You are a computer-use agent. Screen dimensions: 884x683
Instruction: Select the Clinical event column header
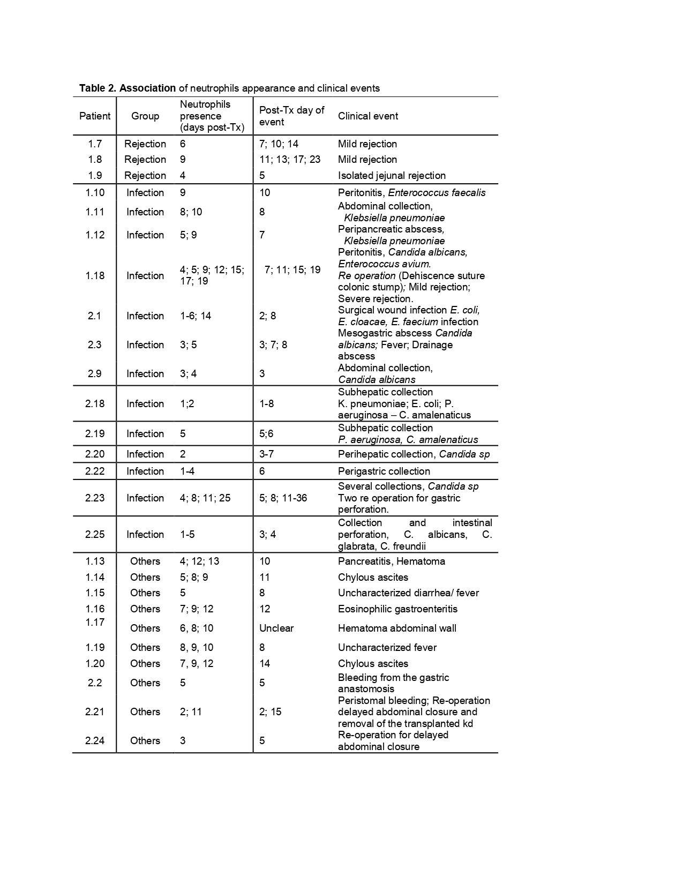point(367,116)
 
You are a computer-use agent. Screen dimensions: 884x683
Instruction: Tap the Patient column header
point(95,116)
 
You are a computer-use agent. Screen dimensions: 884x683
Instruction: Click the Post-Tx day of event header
point(291,116)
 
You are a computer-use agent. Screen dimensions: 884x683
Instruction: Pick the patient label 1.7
point(95,144)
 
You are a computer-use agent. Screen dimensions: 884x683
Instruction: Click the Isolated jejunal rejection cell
point(392,176)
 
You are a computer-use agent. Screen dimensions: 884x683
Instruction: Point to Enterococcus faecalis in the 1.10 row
point(437,193)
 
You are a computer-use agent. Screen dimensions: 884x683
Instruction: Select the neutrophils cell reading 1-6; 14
point(196,316)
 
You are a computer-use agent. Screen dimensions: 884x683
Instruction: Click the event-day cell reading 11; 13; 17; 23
point(290,160)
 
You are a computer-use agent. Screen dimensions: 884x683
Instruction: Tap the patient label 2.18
point(95,404)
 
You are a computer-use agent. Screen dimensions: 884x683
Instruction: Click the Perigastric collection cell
point(384,471)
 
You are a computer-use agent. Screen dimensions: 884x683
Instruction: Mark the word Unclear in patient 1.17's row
point(276,628)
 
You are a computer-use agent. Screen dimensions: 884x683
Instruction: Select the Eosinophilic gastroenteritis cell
point(397,609)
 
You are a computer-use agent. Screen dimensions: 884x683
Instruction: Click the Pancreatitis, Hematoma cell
point(391,561)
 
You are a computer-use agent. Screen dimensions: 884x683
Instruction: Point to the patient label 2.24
point(95,741)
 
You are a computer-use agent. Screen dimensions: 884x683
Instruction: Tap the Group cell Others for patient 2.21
point(145,712)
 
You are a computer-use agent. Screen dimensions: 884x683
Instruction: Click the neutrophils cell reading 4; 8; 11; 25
point(205,498)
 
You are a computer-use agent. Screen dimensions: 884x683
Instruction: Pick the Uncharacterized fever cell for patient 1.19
point(387,648)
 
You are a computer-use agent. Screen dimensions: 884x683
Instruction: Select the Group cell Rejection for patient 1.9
point(145,176)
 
